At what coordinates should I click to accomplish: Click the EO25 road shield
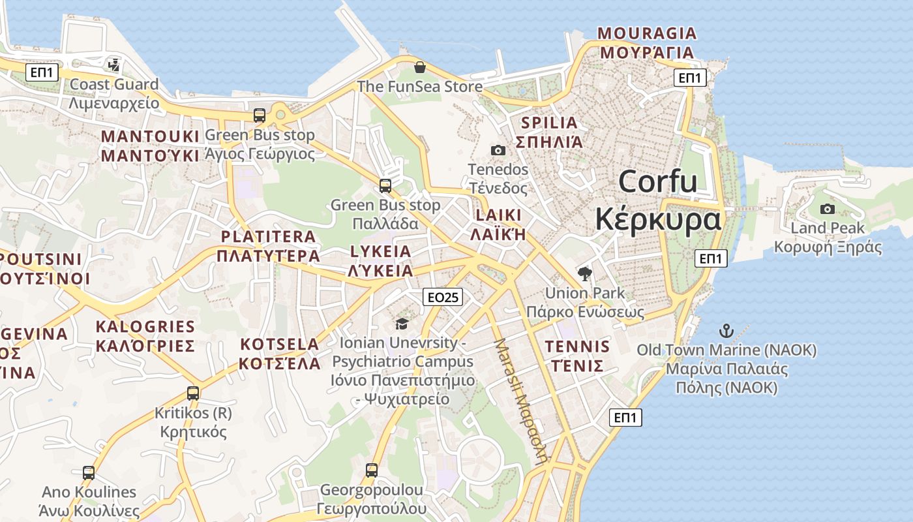[x=442, y=298]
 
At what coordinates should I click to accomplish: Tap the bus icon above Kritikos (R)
[x=192, y=393]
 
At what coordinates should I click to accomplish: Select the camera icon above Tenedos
[x=498, y=151]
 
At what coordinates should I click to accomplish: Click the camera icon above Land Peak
[x=827, y=209]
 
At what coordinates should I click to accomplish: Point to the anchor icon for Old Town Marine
[x=726, y=331]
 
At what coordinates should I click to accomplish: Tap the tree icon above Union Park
[x=584, y=274]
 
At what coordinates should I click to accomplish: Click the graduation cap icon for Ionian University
[x=402, y=324]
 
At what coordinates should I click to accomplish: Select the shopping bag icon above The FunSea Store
[x=420, y=67]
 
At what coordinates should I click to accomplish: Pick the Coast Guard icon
[x=114, y=65]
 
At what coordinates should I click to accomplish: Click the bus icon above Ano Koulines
[x=88, y=472]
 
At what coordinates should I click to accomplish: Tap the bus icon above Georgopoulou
[x=371, y=470]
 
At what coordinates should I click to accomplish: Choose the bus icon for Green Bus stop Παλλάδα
[x=385, y=186]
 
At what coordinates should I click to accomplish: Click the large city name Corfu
[x=657, y=181]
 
